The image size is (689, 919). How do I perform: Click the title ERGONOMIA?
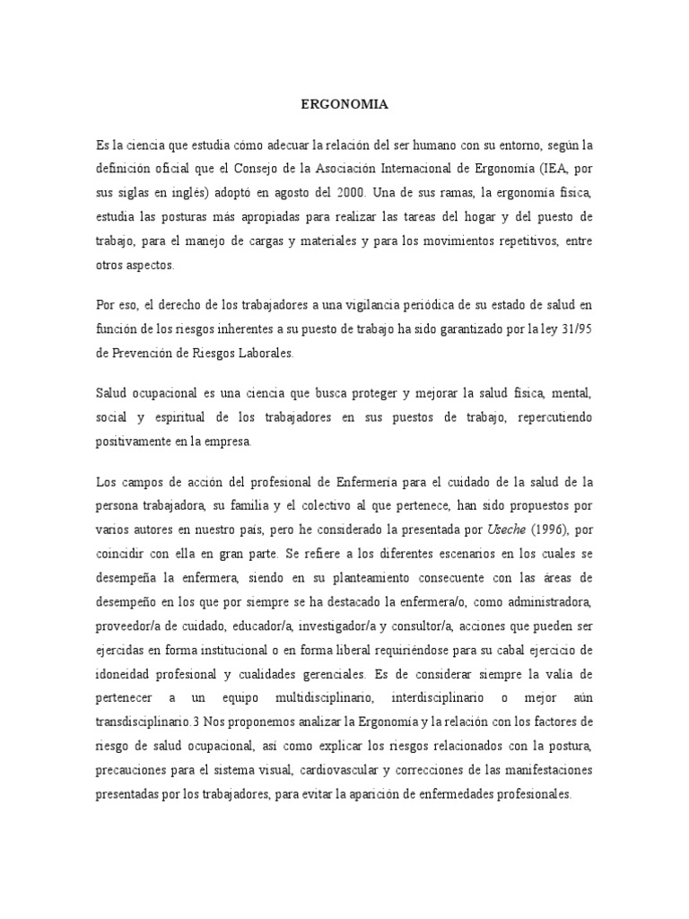pos(344,105)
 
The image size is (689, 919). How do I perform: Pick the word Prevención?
pos(141,354)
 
